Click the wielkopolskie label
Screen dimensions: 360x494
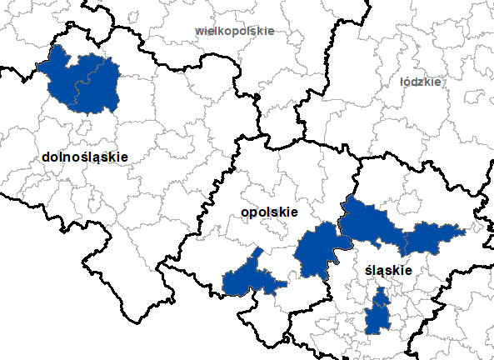click(234, 31)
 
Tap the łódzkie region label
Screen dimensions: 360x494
click(420, 82)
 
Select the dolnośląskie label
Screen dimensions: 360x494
click(83, 156)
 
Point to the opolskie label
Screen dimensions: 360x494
click(268, 212)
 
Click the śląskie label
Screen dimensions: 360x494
click(389, 272)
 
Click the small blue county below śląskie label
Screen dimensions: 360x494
click(379, 313)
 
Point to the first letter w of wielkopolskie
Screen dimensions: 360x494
click(198, 31)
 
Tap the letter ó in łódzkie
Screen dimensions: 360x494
click(410, 82)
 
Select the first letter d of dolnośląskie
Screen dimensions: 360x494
click(44, 156)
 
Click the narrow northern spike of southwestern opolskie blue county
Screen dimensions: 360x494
click(258, 252)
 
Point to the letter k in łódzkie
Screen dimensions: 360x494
click(429, 82)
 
